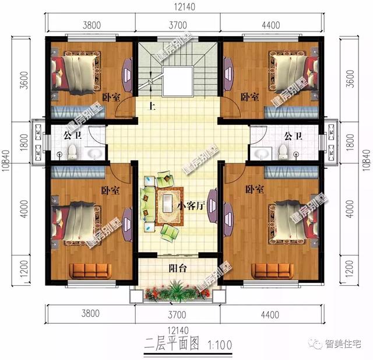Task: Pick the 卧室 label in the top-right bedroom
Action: (250, 97)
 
